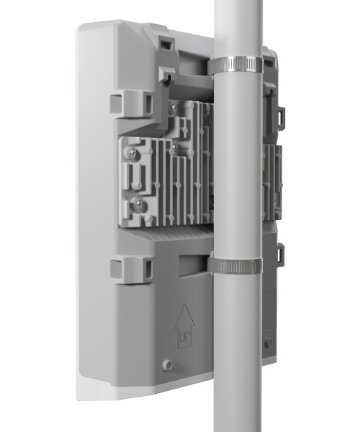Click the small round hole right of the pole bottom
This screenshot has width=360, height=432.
click(270, 343)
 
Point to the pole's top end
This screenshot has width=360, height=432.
click(238, 4)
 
